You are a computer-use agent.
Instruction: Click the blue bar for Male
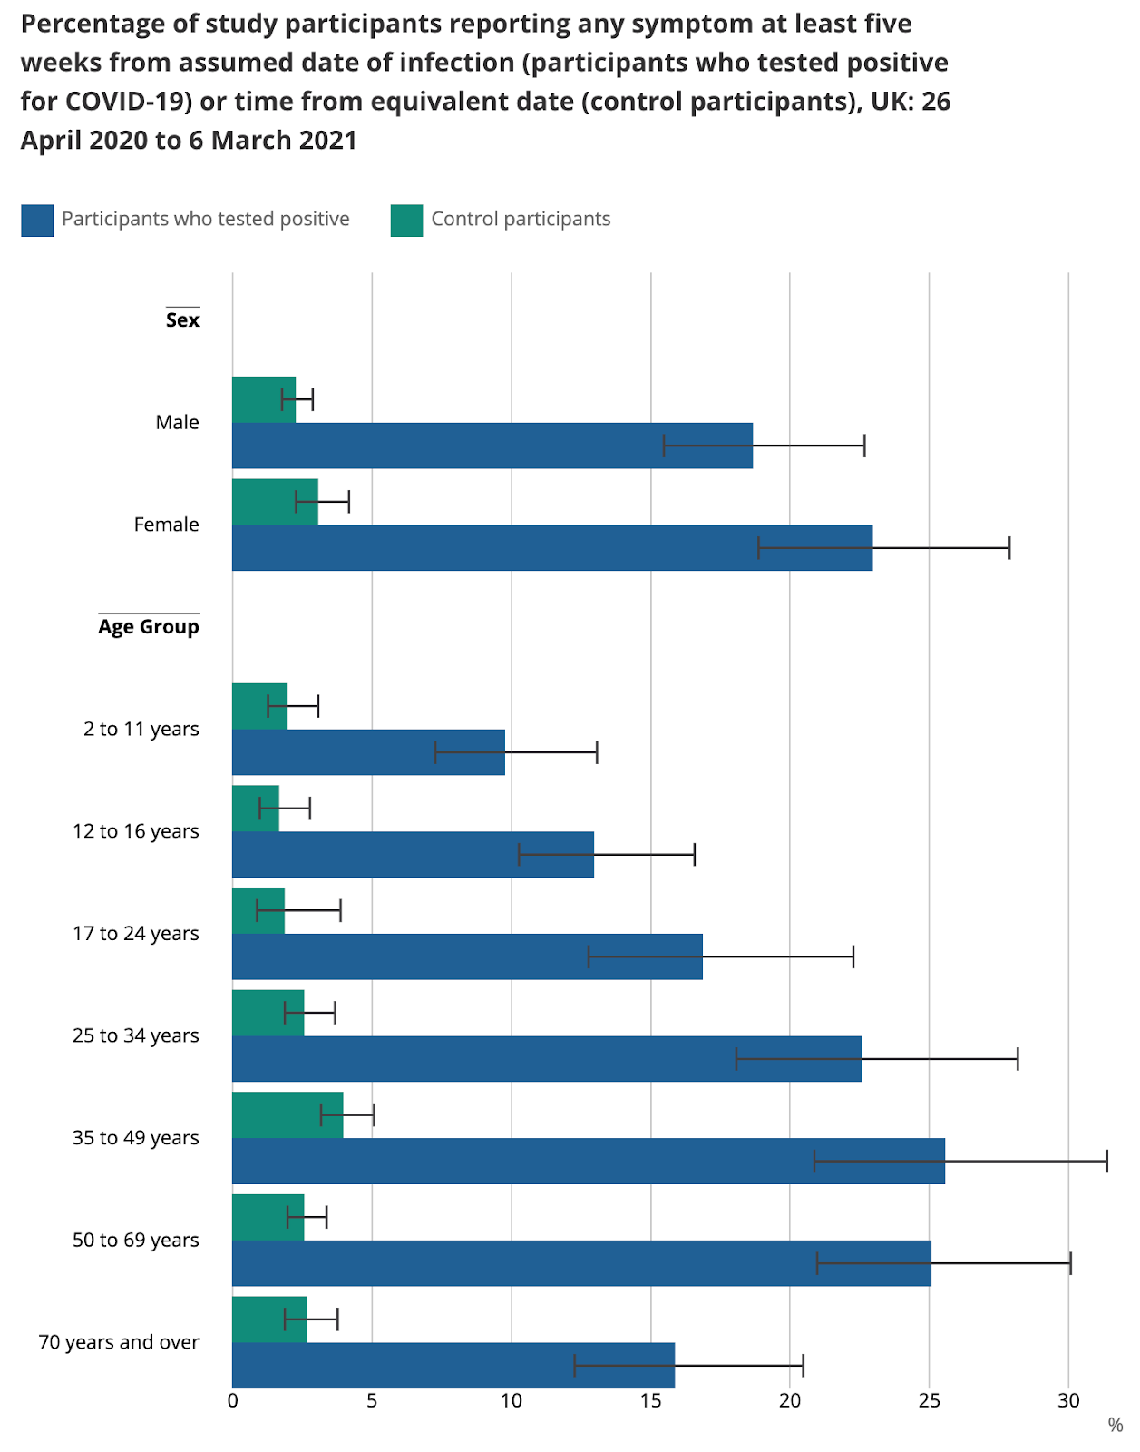pos(492,446)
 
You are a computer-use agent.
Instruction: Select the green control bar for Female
pos(275,502)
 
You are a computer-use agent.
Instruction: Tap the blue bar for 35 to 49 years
pos(588,1161)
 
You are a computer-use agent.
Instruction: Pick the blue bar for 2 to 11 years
pos(368,752)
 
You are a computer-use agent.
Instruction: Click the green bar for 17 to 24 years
pos(258,910)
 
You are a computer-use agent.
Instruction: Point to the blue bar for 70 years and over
pos(453,1365)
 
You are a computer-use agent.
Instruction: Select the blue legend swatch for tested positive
pos(37,221)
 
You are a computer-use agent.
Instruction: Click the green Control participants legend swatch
pos(406,221)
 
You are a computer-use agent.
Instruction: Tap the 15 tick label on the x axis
pos(650,1400)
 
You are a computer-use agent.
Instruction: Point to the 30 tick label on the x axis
pos(1068,1400)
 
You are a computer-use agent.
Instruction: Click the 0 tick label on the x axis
pos(233,1400)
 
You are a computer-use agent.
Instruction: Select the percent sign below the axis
pos(1115,1426)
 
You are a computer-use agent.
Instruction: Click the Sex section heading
pos(182,320)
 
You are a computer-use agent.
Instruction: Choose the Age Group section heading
pos(149,627)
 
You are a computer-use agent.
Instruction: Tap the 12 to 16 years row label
pos(136,831)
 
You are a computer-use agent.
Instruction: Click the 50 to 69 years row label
pos(136,1241)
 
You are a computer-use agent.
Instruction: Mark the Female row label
pos(166,525)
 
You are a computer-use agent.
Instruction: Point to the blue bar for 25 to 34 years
pos(546,1058)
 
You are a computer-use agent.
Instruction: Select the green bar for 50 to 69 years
pos(268,1217)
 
